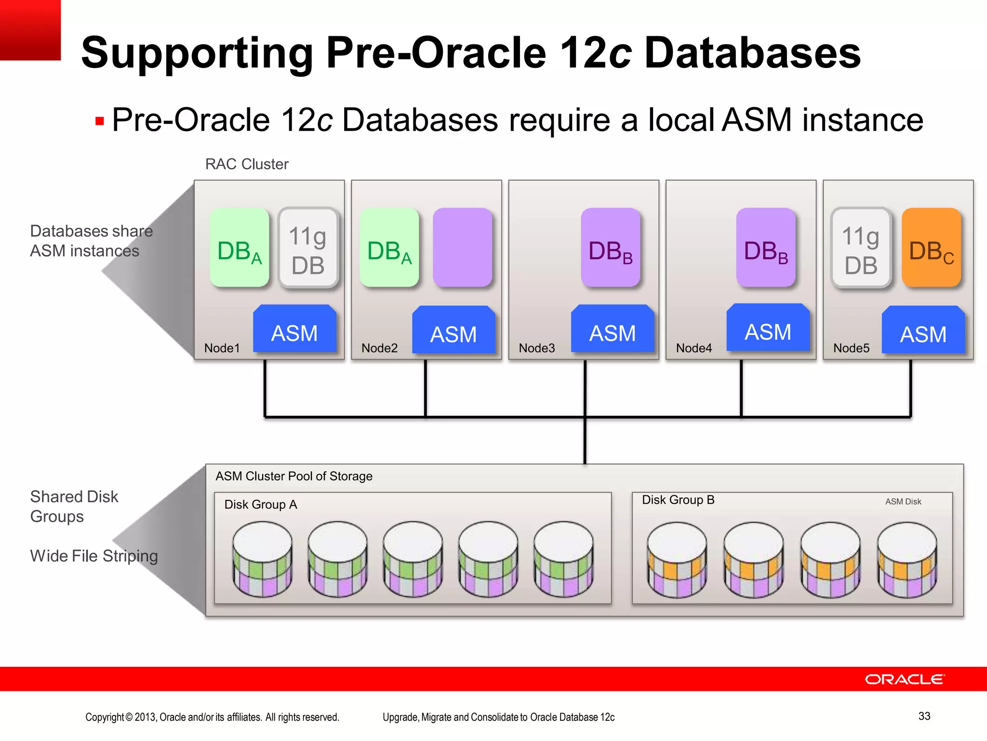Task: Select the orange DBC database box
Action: tap(931, 248)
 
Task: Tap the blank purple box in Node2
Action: tap(462, 247)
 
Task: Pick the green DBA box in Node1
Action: tap(240, 248)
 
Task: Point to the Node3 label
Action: tap(536, 348)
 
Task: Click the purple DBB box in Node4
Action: tap(766, 248)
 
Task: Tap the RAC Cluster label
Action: tap(247, 165)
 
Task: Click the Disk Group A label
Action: tap(261, 505)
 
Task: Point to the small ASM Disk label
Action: tap(903, 502)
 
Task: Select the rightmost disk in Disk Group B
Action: tap(907, 560)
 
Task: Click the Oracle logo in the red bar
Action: tap(905, 679)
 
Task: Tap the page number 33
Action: tap(924, 716)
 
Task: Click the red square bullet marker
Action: tap(100, 121)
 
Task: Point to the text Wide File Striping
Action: tap(94, 556)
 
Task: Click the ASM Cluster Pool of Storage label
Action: tap(294, 477)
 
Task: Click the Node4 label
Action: tap(694, 348)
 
